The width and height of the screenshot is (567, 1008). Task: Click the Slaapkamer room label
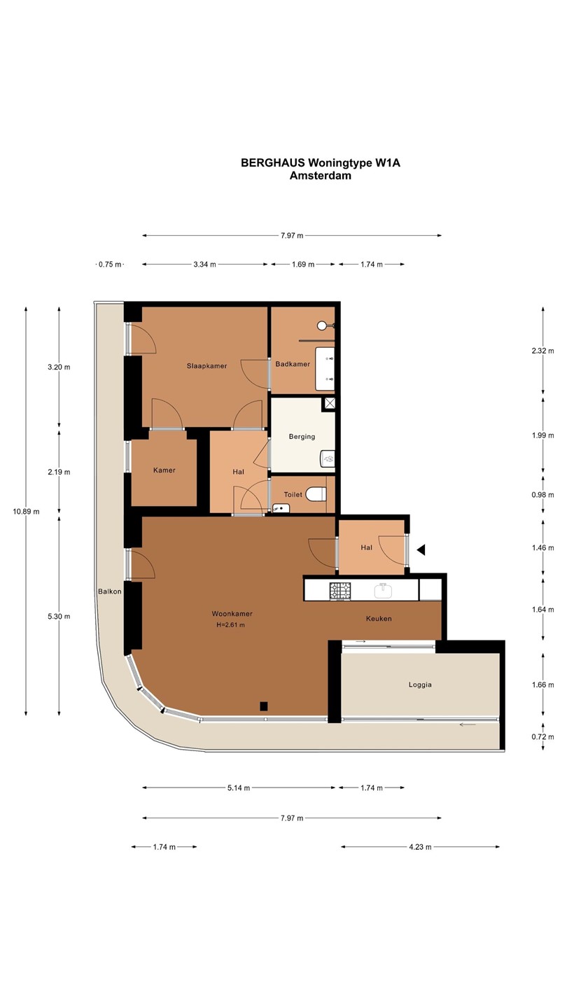(x=206, y=366)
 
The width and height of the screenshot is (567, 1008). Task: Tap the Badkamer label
(x=293, y=364)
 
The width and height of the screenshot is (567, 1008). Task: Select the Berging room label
(x=302, y=437)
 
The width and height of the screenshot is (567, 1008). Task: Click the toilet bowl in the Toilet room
(x=316, y=494)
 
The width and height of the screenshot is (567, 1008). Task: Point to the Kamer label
(x=164, y=470)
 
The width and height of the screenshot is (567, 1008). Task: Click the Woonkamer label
(x=232, y=614)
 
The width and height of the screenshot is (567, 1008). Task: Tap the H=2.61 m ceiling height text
(x=230, y=624)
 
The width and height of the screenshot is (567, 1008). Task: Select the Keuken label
(x=379, y=619)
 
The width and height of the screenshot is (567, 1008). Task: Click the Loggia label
(x=420, y=685)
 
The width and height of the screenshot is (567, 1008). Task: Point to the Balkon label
(x=110, y=591)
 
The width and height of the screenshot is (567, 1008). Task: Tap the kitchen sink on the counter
(x=383, y=590)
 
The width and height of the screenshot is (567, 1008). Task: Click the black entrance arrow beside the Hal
(x=421, y=549)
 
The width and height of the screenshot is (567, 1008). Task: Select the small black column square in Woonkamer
(x=264, y=706)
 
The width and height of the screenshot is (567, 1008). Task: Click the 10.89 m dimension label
(x=26, y=512)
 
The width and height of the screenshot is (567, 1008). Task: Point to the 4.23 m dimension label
(x=420, y=847)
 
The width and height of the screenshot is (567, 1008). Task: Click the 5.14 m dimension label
(x=239, y=788)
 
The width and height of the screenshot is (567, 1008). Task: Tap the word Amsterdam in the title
(x=321, y=176)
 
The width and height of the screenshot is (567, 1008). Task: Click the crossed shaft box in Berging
(x=330, y=403)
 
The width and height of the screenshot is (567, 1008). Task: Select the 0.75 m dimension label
(x=111, y=265)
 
